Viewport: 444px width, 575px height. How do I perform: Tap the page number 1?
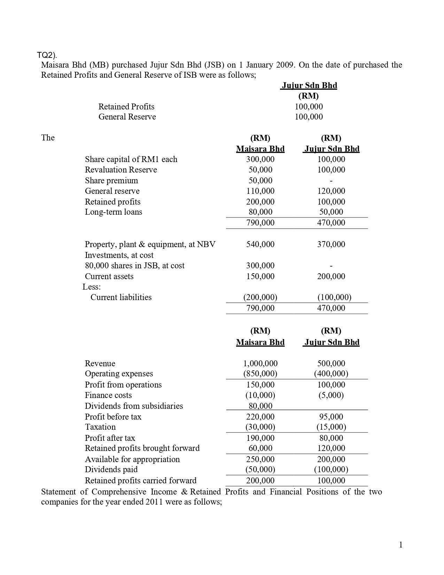401,545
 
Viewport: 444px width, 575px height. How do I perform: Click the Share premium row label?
111,181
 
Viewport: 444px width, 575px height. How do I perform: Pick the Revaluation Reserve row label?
121,170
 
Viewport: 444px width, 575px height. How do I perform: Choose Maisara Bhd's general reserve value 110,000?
260,191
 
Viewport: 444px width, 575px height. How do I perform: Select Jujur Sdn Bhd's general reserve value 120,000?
331,191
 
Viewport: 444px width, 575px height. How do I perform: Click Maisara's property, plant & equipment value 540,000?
260,244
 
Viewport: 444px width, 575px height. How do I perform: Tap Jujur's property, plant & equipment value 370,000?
331,244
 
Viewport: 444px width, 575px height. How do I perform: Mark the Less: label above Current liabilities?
92,287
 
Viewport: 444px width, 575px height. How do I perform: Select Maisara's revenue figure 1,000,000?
260,363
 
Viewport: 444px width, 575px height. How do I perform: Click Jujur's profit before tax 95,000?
331,417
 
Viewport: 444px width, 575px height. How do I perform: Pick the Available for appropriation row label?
132,459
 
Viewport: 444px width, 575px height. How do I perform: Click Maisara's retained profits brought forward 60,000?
260,448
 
